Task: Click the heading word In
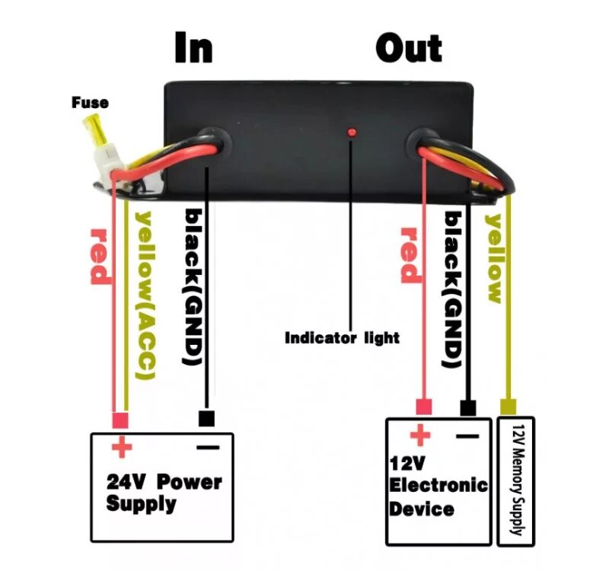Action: [193, 47]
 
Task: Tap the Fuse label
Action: [90, 102]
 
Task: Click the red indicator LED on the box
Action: [352, 133]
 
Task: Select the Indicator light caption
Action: [342, 337]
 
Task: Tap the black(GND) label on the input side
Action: [193, 285]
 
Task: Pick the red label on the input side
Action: [100, 256]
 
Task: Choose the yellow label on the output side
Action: [495, 259]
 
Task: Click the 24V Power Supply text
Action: [164, 493]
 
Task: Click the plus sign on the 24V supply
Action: [120, 447]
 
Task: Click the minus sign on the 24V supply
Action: [207, 447]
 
